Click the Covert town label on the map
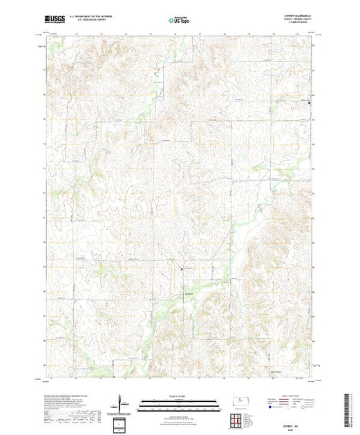189,291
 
